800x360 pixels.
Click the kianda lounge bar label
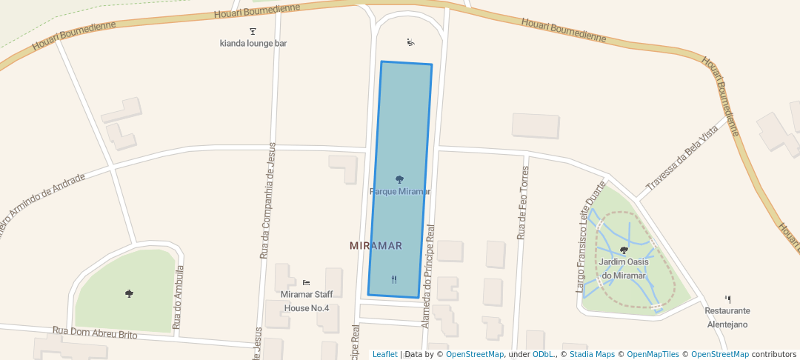[x=253, y=44]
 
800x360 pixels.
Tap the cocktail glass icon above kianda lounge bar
[x=253, y=31]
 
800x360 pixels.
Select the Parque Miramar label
[x=400, y=192]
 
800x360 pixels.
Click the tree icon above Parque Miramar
[x=400, y=179]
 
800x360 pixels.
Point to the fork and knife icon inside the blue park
[x=394, y=279]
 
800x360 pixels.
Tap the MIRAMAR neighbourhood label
[x=376, y=246]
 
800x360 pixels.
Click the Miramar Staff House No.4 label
[x=307, y=301]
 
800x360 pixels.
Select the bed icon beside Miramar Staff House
[x=307, y=282]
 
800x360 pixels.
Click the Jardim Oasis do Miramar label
[x=624, y=269]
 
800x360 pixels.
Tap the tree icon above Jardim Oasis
[x=624, y=250]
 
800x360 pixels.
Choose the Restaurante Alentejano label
[x=727, y=318]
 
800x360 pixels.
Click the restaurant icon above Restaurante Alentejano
[x=727, y=299]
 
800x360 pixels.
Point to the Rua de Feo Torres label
[x=523, y=202]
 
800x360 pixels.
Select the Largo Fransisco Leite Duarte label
[x=590, y=235]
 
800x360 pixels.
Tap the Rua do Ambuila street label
[x=178, y=297]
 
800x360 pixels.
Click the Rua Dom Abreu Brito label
[x=95, y=333]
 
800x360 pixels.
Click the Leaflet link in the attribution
[x=384, y=354]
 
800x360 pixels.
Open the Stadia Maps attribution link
[x=591, y=354]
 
